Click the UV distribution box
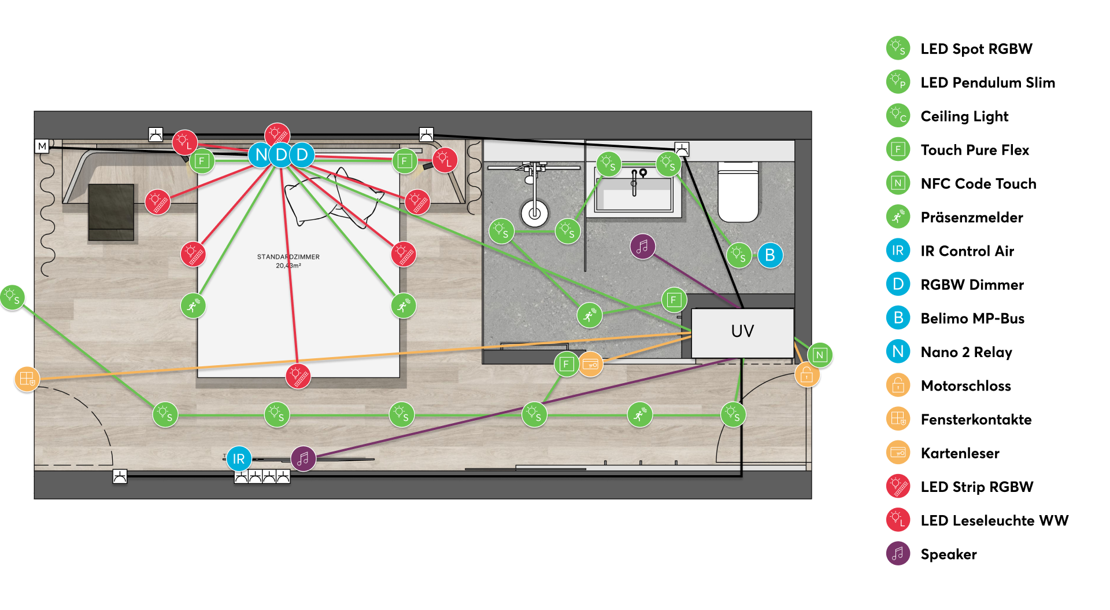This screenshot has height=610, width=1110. pos(742,332)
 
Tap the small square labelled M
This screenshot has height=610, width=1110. pos(42,146)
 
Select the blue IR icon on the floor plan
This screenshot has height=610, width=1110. pos(239,459)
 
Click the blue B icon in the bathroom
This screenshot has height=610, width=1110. pos(770,255)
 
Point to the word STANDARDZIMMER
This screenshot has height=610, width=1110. pos(288,257)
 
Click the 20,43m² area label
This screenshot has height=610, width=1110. pos(288,266)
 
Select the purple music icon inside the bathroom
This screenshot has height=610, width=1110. pos(642,247)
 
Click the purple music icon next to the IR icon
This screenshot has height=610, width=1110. pos(303,459)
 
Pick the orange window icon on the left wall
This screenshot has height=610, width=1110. pos(27,379)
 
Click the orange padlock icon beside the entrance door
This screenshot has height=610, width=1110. pos(806,375)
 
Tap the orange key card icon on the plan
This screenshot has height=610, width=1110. pos(590,364)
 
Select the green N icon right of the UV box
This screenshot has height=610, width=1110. pos(820,355)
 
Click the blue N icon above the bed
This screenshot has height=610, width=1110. pos(261,155)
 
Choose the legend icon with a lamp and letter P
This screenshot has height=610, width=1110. pos(898,82)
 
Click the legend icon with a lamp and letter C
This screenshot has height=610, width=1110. pos(898,115)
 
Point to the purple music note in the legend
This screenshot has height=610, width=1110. pos(898,553)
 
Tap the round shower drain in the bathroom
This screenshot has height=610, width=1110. pos(535,214)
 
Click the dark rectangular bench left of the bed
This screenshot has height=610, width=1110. pos(111,212)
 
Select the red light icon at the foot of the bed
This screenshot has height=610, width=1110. pos(298,376)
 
